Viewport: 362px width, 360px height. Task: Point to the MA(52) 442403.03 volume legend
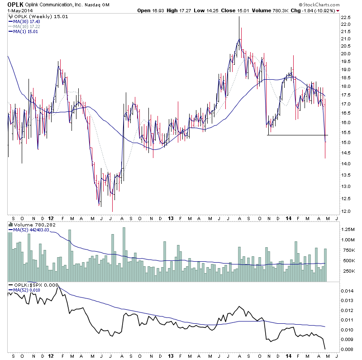point(34,229)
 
